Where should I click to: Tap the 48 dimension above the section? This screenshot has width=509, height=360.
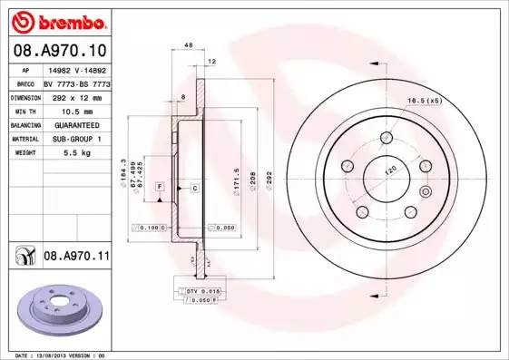tap(189, 44)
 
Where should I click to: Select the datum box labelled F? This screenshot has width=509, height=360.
tap(159, 186)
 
